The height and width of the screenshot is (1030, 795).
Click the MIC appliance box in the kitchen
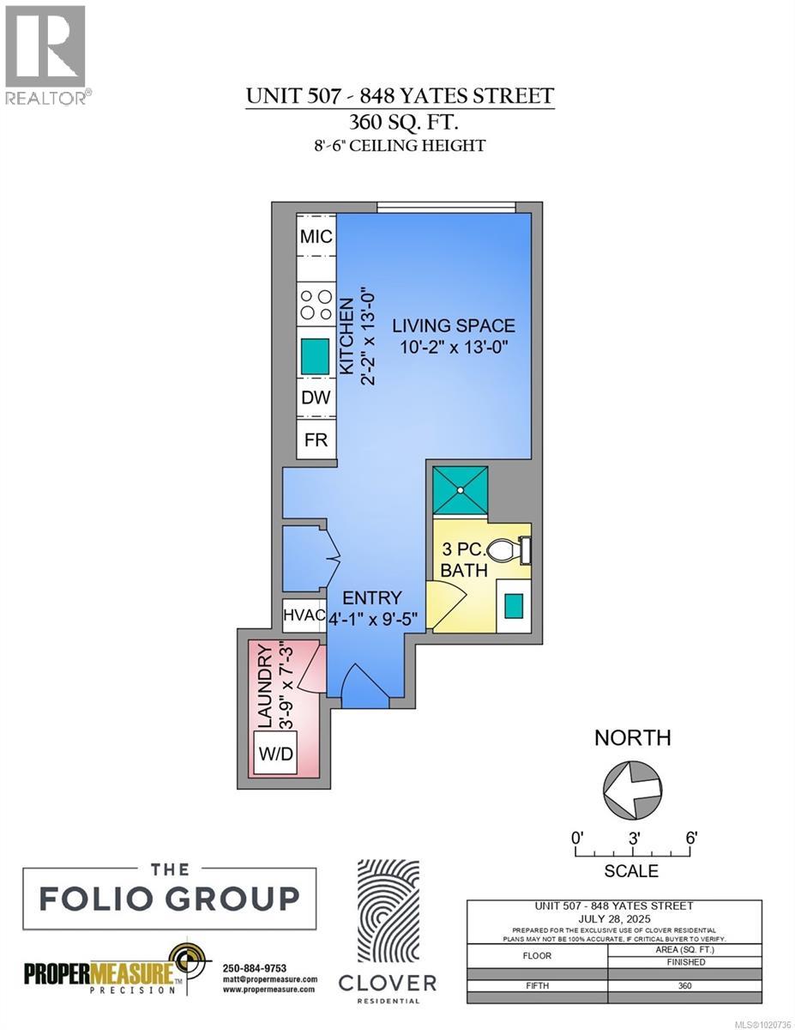(x=316, y=237)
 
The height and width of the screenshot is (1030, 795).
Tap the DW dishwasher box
(x=316, y=398)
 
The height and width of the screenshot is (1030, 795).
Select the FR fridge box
(x=316, y=439)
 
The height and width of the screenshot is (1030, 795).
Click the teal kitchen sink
(x=316, y=354)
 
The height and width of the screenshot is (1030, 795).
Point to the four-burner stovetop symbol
(x=316, y=305)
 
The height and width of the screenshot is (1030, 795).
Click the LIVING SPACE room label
(x=454, y=326)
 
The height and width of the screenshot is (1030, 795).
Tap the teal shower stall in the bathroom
(x=461, y=490)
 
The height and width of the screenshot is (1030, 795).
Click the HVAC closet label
(x=304, y=615)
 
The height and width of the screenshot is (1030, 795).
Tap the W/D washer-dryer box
(x=275, y=753)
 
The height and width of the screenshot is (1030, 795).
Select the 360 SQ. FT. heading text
(x=399, y=121)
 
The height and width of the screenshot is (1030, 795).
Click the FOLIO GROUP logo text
(x=170, y=899)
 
